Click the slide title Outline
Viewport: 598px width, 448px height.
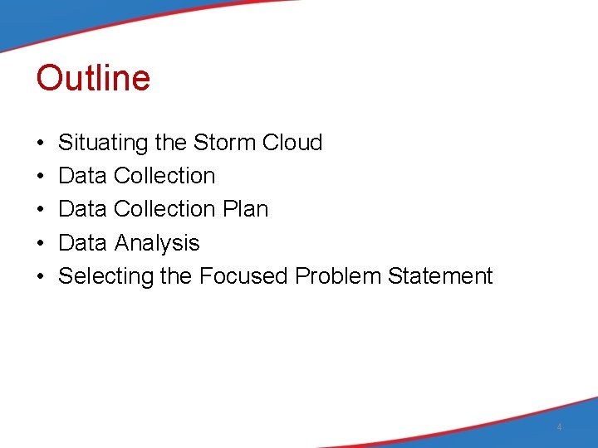(x=93, y=78)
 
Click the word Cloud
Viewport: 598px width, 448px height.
(x=292, y=143)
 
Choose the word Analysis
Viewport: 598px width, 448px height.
(x=157, y=243)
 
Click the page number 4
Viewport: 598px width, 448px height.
(x=559, y=427)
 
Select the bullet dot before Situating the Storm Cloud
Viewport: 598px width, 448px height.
(x=41, y=144)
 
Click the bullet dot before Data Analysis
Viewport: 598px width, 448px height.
(x=41, y=243)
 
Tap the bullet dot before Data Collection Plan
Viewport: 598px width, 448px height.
(x=41, y=210)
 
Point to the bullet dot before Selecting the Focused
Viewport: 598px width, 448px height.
(x=41, y=276)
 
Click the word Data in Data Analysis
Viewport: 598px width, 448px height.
(x=82, y=243)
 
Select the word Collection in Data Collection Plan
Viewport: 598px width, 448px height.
(x=164, y=209)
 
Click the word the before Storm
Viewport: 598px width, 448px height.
(x=170, y=143)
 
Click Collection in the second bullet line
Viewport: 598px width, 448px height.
(x=164, y=176)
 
